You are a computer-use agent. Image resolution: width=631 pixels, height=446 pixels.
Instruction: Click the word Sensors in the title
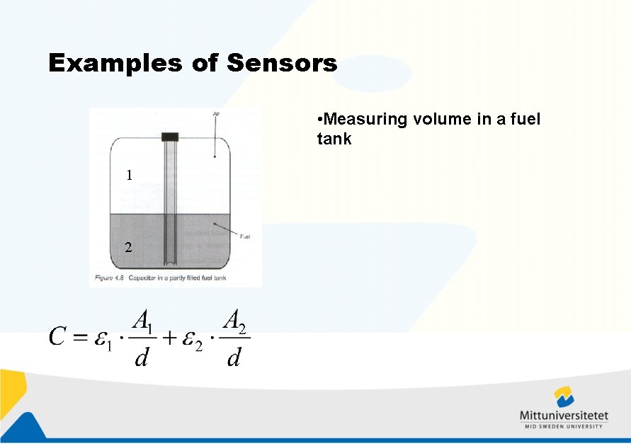click(x=282, y=64)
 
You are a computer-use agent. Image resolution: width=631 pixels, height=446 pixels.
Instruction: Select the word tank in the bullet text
click(x=334, y=139)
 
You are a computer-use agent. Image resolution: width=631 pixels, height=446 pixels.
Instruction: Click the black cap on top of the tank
click(x=170, y=137)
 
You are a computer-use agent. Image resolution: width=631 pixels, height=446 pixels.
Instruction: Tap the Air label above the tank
click(x=215, y=113)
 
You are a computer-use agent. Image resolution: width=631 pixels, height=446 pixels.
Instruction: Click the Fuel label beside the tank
click(x=246, y=236)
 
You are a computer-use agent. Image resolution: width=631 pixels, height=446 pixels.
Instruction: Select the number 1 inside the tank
click(x=128, y=176)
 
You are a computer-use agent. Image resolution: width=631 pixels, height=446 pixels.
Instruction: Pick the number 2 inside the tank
click(x=128, y=248)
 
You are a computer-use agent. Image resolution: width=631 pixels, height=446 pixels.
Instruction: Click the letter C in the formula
click(x=57, y=338)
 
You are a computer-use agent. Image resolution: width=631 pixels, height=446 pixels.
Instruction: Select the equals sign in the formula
click(x=79, y=338)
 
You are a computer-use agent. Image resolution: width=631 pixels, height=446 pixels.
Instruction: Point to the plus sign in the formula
click(x=170, y=338)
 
